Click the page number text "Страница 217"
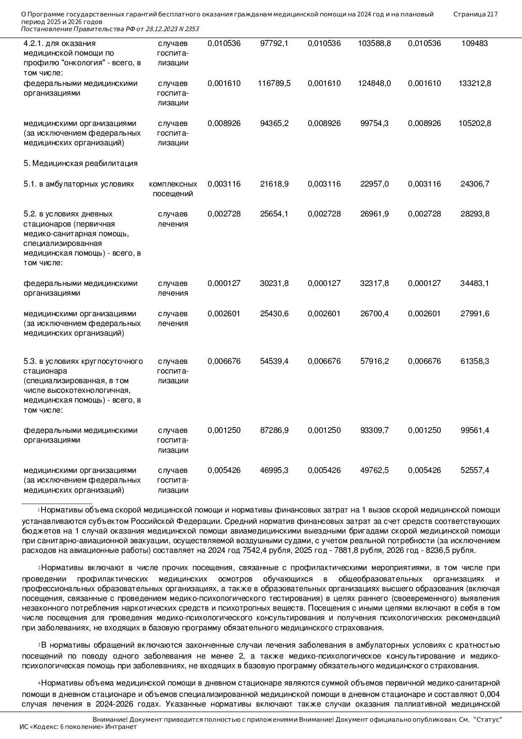[475, 14]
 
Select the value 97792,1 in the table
[274, 43]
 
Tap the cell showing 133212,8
[474, 83]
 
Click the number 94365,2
[274, 123]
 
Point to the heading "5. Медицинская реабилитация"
[80, 163]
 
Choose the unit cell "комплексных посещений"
[173, 189]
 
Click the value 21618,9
[274, 184]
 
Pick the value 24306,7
[474, 184]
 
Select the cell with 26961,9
[374, 214]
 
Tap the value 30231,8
[274, 283]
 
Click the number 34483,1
[474, 283]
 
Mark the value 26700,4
[374, 314]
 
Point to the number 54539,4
[274, 361]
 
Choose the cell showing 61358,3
[474, 361]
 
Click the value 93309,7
[374, 430]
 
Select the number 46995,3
[274, 470]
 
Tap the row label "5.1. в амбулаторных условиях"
[79, 184]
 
